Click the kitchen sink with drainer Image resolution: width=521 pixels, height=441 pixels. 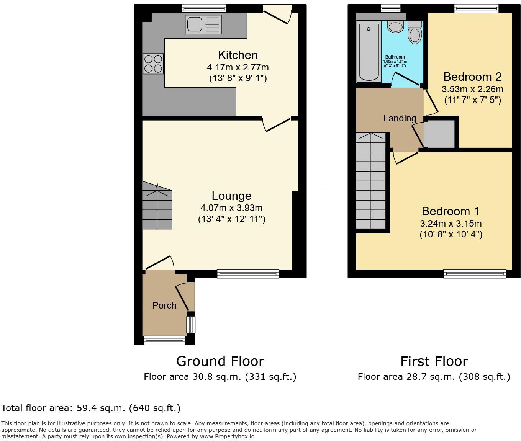point(203,24)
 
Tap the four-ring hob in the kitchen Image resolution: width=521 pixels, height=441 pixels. point(153,64)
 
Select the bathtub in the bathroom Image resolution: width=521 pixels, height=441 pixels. point(369,51)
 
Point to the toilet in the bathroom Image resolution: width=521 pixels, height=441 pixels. point(415,33)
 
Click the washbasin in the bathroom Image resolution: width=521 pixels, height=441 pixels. point(395,26)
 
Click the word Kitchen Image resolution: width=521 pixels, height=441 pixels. point(238,55)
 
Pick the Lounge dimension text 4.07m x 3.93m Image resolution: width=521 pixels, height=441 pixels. point(231,208)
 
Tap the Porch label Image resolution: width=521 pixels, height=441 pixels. point(164,305)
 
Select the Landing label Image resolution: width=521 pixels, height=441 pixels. point(400,118)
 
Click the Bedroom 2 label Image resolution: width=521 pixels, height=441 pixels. point(472,77)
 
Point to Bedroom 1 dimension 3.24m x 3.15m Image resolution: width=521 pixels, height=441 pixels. point(451,224)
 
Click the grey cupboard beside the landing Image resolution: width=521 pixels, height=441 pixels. point(439,134)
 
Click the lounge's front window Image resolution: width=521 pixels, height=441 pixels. point(248,273)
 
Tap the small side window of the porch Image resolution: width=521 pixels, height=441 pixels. point(190,324)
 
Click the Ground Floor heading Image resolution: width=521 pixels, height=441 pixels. point(220,361)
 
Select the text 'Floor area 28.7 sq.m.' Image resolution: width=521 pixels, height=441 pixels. point(407,377)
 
